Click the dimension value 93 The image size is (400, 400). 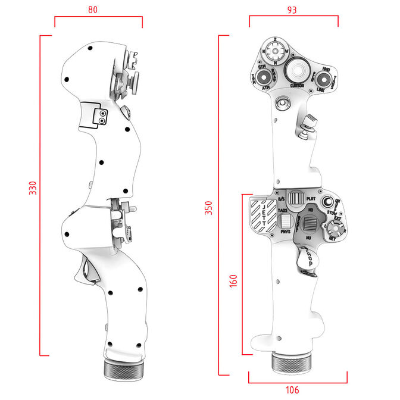click(x=292, y=10)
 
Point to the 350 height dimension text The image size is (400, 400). click(x=208, y=208)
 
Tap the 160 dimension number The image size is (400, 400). click(x=233, y=281)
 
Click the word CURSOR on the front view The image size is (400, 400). click(x=297, y=86)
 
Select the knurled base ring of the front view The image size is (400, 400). click(x=292, y=362)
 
